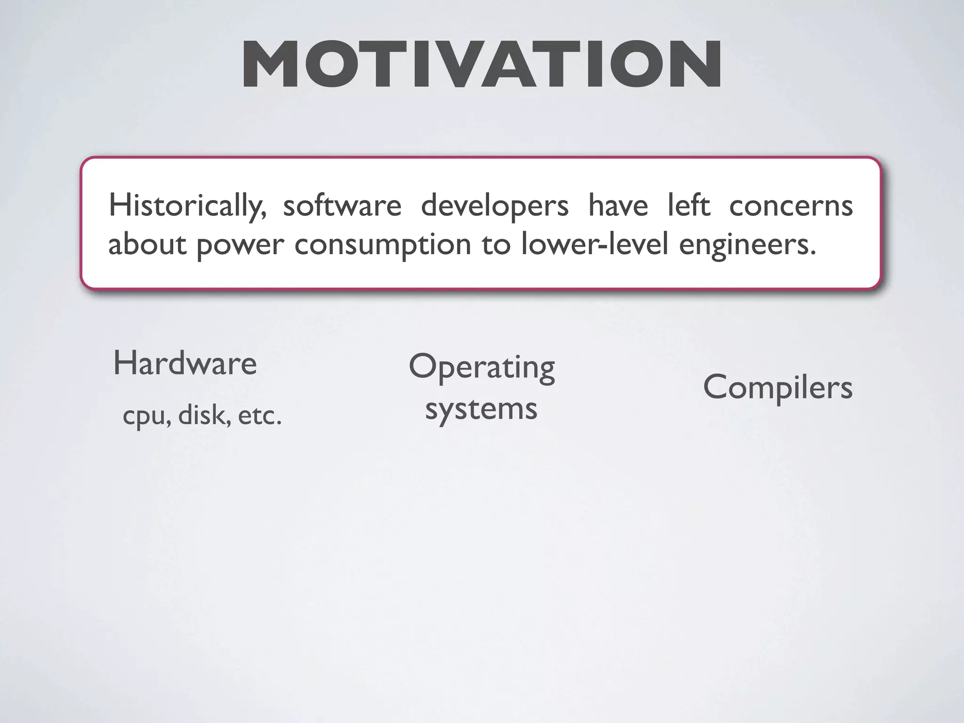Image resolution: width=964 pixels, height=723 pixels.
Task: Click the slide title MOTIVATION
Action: tap(482, 64)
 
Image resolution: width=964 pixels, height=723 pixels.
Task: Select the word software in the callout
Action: tap(342, 206)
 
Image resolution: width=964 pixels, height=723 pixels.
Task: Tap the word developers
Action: tap(494, 206)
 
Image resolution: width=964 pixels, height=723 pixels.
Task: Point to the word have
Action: tap(618, 206)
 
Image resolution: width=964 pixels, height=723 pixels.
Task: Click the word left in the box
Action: tap(689, 206)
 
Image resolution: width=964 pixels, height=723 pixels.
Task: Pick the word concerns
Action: tap(791, 206)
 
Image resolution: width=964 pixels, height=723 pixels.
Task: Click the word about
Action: tap(147, 245)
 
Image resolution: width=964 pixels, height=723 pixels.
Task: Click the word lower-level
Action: tap(594, 245)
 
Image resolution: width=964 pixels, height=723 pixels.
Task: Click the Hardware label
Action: tap(185, 363)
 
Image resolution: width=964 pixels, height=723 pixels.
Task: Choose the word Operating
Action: tap(482, 367)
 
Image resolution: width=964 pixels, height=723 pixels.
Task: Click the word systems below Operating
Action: tap(481, 409)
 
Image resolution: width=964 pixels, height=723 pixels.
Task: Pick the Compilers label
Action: tap(778, 387)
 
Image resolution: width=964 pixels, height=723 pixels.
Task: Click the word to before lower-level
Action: tap(496, 245)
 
